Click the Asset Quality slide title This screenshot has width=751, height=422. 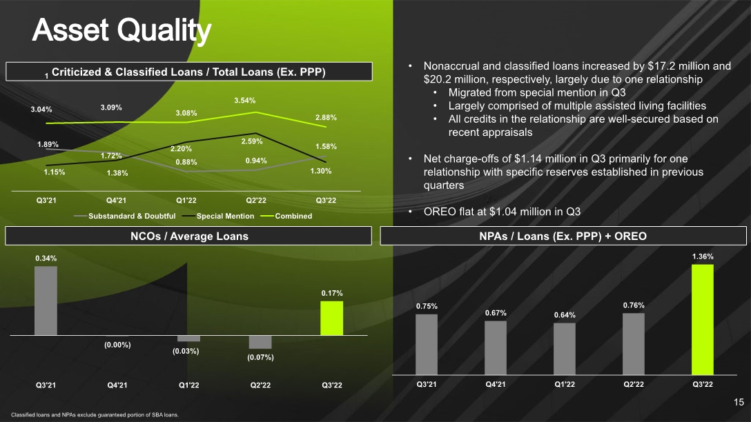(121, 30)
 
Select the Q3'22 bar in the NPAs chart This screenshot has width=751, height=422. (703, 320)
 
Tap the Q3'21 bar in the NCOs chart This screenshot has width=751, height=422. (46, 301)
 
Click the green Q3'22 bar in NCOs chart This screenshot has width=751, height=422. (332, 318)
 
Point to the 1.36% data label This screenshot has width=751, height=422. (703, 257)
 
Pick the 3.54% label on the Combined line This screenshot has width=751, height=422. (245, 101)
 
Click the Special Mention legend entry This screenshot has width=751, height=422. (218, 216)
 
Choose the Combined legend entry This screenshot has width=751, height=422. (286, 216)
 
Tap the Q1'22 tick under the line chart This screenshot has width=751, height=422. (186, 200)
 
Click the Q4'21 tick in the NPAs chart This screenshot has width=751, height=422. (495, 384)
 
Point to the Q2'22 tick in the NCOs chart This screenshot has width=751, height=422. (260, 385)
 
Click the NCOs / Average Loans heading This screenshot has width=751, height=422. (189, 236)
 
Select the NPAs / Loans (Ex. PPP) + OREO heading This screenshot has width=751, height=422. (563, 236)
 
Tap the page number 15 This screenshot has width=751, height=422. (739, 403)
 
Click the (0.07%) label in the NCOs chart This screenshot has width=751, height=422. (260, 357)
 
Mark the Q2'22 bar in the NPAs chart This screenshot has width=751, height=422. (634, 344)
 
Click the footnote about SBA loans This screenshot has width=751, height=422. (95, 415)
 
